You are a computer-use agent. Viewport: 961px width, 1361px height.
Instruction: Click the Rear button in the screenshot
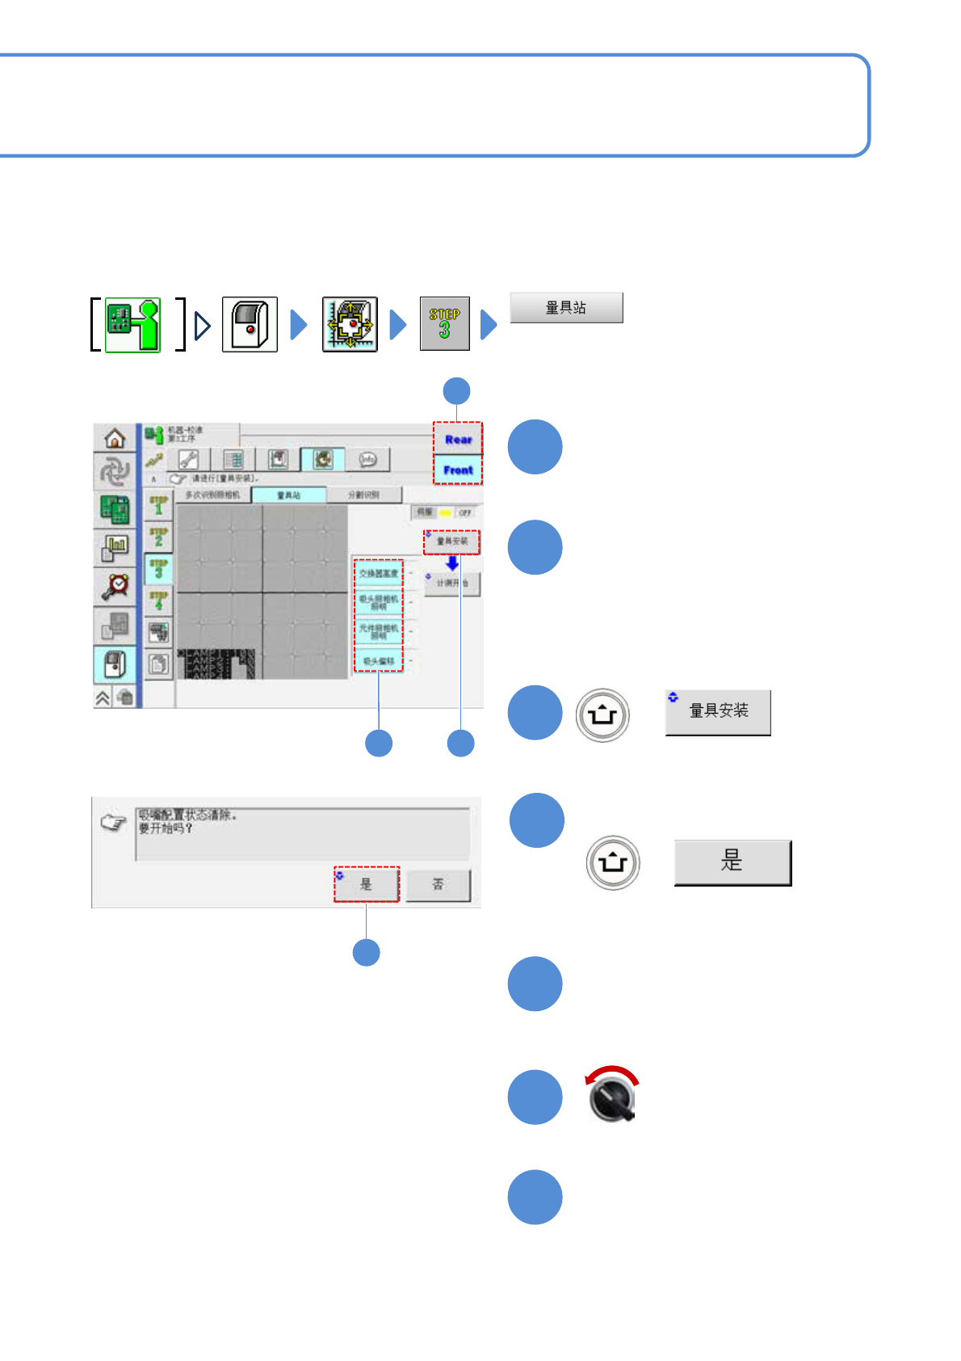coord(458,439)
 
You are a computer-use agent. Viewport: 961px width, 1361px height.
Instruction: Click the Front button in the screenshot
coord(458,470)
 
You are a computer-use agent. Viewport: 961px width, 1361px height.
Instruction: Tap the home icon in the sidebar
coord(115,439)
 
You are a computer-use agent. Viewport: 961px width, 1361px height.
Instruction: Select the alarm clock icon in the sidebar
coord(115,585)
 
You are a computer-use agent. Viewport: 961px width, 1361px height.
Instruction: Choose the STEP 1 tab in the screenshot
coord(158,506)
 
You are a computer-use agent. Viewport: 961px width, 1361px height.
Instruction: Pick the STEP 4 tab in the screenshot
coord(158,600)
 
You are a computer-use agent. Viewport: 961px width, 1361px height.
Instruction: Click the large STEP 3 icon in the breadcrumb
coord(444,323)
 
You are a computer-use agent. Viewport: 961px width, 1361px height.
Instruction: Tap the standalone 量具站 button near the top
coord(566,308)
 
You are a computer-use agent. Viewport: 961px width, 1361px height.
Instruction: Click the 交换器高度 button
coord(378,573)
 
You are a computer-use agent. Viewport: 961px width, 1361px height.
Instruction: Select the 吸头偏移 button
coord(378,661)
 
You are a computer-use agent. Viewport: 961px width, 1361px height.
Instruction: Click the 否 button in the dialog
coord(438,884)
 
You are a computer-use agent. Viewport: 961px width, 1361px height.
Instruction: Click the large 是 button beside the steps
coord(732,862)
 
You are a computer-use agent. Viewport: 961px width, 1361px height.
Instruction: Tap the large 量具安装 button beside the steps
coord(718,712)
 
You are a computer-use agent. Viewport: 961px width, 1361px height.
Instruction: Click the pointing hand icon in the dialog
coord(114,823)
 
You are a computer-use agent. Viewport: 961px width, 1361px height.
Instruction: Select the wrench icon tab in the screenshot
coord(188,459)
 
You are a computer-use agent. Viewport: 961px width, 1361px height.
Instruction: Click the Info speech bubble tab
coord(367,459)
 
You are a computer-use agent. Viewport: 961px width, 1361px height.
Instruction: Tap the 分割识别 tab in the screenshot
coord(363,495)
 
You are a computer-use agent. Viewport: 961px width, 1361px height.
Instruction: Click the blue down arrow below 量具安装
coord(452,563)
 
